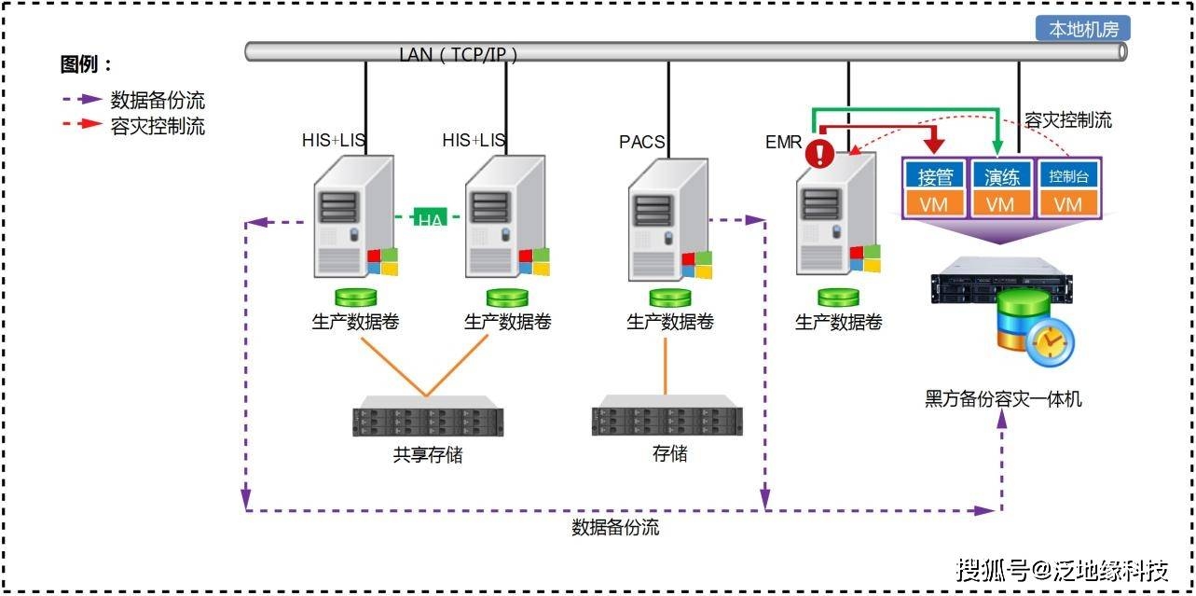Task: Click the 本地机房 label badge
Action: (1083, 29)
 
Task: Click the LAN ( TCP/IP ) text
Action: (458, 54)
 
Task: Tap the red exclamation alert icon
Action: (820, 153)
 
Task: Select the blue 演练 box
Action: (1001, 176)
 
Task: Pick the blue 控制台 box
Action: (1069, 176)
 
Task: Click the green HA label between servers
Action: (430, 220)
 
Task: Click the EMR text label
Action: (783, 142)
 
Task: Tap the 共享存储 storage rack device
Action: (428, 420)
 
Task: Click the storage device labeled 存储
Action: (667, 420)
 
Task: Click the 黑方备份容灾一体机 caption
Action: (1003, 399)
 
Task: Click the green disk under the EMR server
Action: (838, 298)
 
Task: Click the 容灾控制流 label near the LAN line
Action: (1067, 120)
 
